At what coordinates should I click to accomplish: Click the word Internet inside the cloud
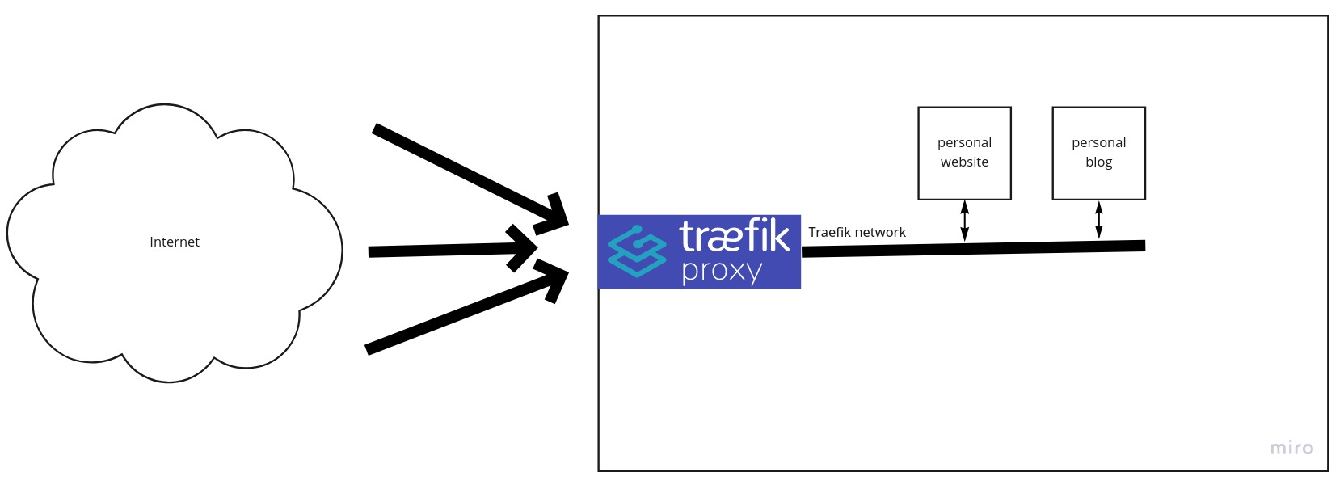coord(174,242)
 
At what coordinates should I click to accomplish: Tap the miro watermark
coord(1291,448)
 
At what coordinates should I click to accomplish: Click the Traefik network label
coord(857,232)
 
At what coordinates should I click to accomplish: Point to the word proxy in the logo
coord(722,272)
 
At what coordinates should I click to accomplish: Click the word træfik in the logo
coord(735,236)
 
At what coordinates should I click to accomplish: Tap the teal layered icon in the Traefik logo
coord(637,251)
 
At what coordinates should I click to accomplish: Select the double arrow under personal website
coord(964,221)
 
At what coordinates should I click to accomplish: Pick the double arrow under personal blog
coord(1098,220)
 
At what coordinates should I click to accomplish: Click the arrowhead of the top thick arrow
coord(552,215)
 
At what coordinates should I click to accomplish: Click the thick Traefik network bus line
coord(973,248)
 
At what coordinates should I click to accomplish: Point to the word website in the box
coord(964,162)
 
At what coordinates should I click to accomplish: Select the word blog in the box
coord(1098,162)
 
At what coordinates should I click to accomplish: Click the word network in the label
coord(881,232)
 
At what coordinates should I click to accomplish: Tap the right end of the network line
coord(1144,246)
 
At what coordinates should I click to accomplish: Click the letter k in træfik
coord(779,236)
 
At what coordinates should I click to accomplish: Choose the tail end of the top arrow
coord(375,129)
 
